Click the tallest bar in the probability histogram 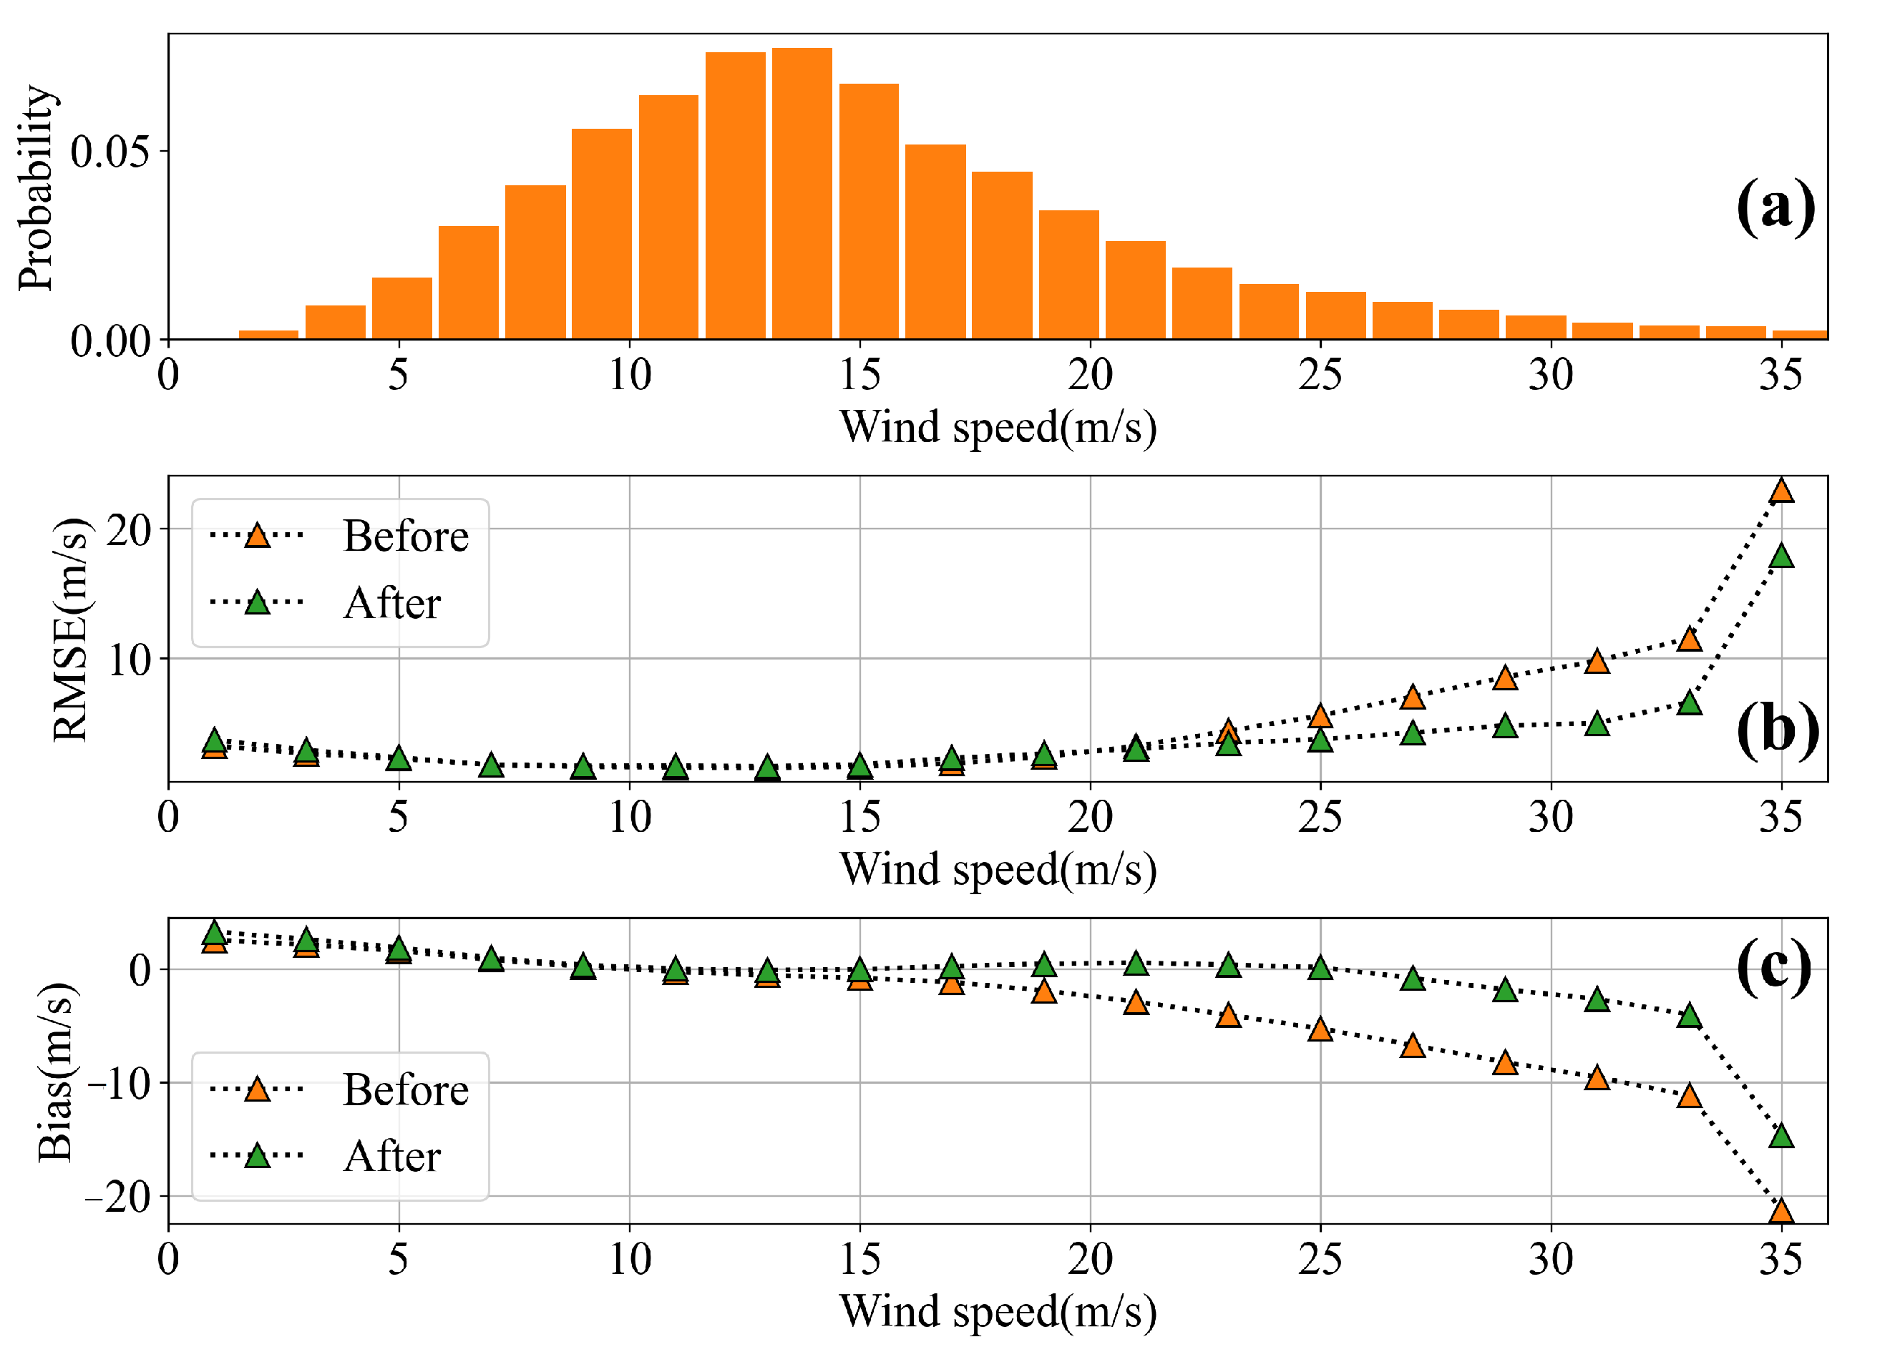[x=801, y=192]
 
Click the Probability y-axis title [x=36, y=187]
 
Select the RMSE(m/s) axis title [x=70, y=629]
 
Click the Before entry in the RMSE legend [x=405, y=536]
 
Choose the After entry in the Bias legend [x=391, y=1156]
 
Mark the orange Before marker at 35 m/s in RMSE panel [x=1781, y=491]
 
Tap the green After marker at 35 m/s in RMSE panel [x=1781, y=556]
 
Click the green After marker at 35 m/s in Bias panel [x=1781, y=1135]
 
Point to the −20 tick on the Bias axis [x=117, y=1197]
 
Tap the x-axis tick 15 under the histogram [x=859, y=375]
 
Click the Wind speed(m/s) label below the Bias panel [x=998, y=1311]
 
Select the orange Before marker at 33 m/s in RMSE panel [x=1689, y=640]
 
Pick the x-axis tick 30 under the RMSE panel [x=1550, y=817]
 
